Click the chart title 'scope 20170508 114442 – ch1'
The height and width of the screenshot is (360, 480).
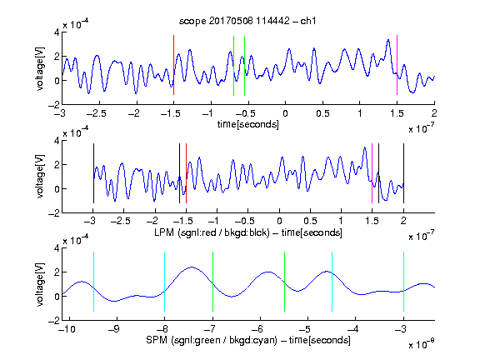click(x=247, y=21)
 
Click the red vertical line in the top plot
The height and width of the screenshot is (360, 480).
click(x=174, y=65)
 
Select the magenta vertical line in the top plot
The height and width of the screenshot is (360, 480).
click(x=397, y=65)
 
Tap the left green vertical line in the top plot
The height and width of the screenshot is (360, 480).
click(x=233, y=66)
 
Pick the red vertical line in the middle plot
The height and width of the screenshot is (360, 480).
click(x=186, y=173)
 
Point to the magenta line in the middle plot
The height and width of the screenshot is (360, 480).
click(x=372, y=173)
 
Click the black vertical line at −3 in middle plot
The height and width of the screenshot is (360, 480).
click(x=93, y=173)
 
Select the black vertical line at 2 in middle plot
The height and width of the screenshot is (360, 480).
click(x=403, y=173)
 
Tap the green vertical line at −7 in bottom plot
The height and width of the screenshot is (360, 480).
click(x=212, y=282)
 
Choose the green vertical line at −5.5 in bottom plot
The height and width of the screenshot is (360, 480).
click(x=284, y=282)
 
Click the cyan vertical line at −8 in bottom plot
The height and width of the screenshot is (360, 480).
click(x=165, y=282)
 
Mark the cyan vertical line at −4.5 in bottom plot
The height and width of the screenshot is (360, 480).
click(x=332, y=282)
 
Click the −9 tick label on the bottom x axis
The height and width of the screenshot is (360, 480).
click(x=114, y=329)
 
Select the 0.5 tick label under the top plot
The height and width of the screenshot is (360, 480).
click(x=322, y=113)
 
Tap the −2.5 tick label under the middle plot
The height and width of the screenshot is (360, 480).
click(x=121, y=221)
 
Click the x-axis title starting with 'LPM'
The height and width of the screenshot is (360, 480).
click(x=248, y=232)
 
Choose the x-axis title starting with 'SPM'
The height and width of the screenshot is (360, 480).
click(x=248, y=340)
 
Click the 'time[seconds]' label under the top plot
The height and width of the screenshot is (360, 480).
click(x=248, y=124)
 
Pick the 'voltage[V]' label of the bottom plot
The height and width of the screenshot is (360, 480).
click(x=40, y=284)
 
